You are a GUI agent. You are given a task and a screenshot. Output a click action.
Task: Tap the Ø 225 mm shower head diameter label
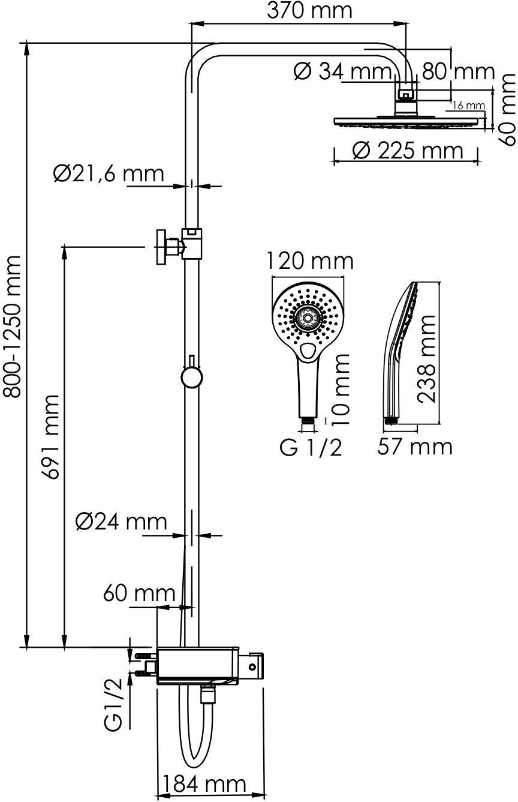pyautogui.click(x=408, y=150)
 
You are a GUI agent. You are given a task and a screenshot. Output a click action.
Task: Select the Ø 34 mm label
pyautogui.click(x=342, y=72)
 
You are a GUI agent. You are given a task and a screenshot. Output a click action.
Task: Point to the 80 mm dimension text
pyautogui.click(x=458, y=72)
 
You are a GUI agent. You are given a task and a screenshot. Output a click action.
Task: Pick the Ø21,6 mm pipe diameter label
pyautogui.click(x=108, y=173)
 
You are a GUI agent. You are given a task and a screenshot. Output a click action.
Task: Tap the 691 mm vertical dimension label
pyautogui.click(x=52, y=437)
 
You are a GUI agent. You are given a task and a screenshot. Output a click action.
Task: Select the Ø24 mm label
pyautogui.click(x=121, y=522)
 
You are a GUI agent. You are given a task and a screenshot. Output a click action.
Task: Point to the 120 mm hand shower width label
pyautogui.click(x=309, y=261)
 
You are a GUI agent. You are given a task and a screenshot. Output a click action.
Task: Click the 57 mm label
pyautogui.click(x=414, y=447)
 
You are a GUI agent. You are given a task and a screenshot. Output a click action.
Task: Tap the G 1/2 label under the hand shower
pyautogui.click(x=311, y=447)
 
